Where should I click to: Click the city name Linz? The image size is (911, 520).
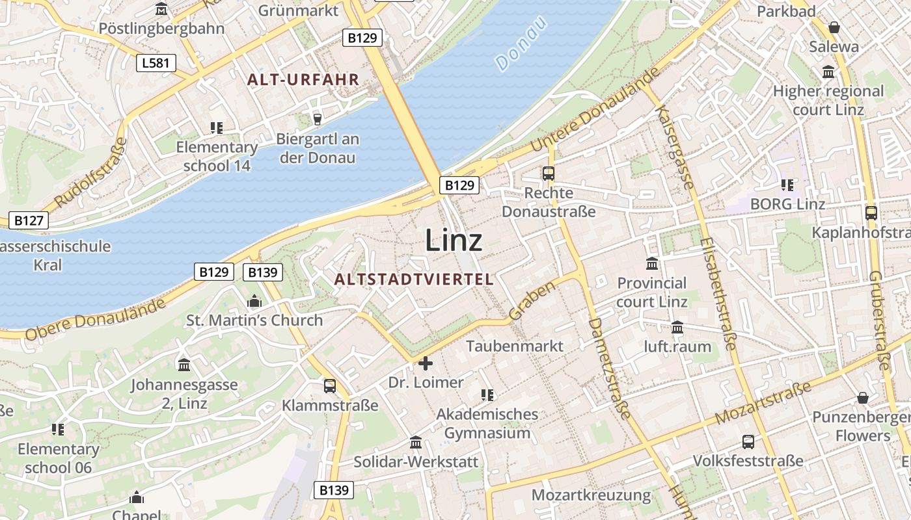click(x=454, y=240)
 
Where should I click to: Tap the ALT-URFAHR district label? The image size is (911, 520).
click(x=303, y=80)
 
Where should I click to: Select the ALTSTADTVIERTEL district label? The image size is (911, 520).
click(x=414, y=279)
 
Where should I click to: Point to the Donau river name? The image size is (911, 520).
click(x=522, y=44)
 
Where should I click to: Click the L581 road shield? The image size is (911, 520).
click(x=156, y=63)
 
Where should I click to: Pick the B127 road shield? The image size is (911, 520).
click(x=29, y=220)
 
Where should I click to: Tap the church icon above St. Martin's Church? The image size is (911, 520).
click(x=254, y=302)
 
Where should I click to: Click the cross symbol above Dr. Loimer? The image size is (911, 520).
click(x=426, y=363)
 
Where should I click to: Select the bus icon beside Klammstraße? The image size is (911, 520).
click(x=330, y=386)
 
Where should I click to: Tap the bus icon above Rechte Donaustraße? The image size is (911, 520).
click(x=549, y=174)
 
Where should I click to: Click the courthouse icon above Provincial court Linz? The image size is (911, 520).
click(x=652, y=263)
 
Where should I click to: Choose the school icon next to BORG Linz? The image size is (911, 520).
click(x=787, y=185)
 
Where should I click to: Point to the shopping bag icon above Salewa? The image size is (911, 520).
click(x=834, y=27)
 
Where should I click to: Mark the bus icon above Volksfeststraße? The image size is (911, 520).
click(x=748, y=442)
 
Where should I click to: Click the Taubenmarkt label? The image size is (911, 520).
click(x=515, y=346)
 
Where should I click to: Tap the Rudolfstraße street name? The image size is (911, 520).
click(x=91, y=173)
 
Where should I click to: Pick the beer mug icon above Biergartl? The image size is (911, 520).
click(x=317, y=119)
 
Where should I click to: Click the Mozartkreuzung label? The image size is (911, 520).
click(x=591, y=495)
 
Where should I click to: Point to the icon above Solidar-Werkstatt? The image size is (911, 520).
click(x=416, y=443)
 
